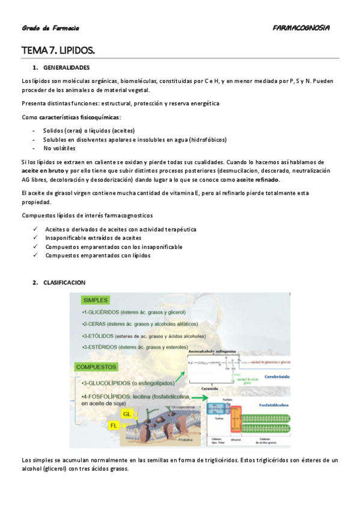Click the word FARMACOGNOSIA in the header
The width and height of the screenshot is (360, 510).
[301, 28]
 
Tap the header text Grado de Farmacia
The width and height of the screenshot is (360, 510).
[50, 28]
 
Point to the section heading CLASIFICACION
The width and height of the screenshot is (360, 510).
[64, 282]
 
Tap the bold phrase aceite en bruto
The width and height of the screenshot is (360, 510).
[43, 171]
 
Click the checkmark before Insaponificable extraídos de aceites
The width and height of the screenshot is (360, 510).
[36, 238]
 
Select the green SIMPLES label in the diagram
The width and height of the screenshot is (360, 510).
[96, 300]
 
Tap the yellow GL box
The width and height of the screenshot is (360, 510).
[127, 414]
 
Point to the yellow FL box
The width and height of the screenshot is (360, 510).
[114, 425]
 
